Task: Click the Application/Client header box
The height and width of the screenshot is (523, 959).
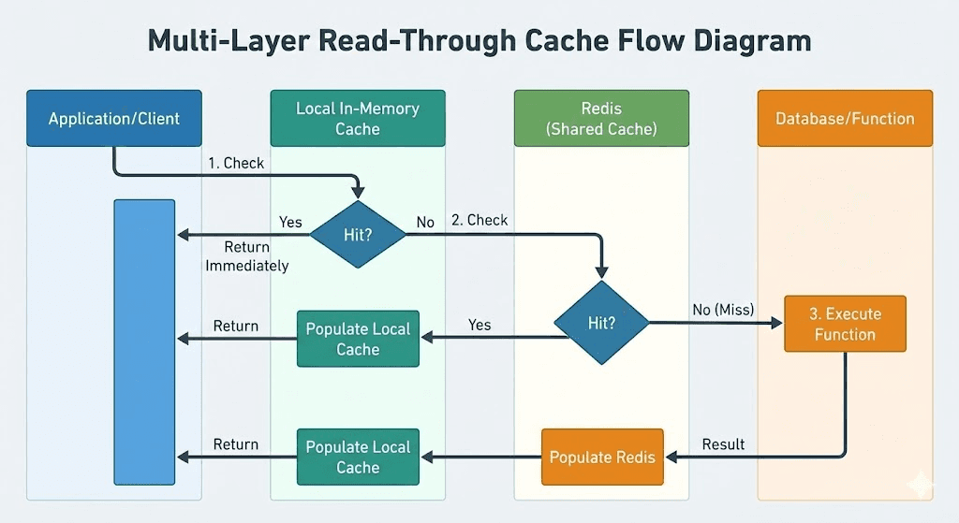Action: tap(114, 119)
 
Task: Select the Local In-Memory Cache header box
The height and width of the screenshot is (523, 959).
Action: tap(358, 119)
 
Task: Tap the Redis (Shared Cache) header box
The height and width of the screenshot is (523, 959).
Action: tap(601, 119)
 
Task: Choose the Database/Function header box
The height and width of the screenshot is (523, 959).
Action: tap(845, 119)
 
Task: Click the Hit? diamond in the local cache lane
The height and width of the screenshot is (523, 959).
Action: tap(358, 235)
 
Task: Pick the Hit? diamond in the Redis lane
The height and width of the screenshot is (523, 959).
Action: tap(601, 324)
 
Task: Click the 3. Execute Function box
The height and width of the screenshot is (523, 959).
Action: tap(845, 324)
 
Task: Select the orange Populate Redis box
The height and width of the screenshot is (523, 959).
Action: tap(602, 458)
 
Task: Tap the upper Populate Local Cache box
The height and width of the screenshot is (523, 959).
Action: tap(358, 339)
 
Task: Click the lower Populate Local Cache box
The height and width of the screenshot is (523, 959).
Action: tap(358, 457)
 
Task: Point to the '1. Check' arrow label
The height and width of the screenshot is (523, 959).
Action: tap(236, 163)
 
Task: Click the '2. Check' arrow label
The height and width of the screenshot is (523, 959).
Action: tap(479, 220)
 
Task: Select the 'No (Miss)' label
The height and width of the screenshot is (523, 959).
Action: tap(722, 309)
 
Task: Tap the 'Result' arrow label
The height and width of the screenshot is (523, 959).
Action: tap(723, 443)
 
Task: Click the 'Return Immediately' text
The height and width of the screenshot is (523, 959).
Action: tap(247, 256)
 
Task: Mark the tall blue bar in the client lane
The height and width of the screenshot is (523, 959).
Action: tap(144, 341)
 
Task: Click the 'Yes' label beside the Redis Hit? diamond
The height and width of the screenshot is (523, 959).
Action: tap(479, 325)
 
